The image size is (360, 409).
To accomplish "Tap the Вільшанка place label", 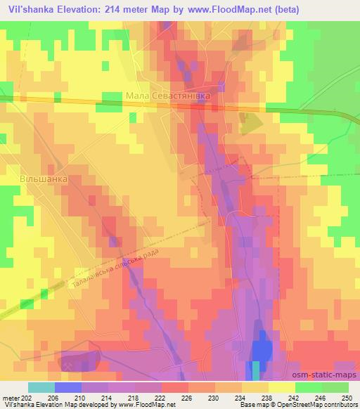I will pyautogui.click(x=44, y=179).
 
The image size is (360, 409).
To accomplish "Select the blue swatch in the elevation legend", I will pyautogui.click(x=68, y=387).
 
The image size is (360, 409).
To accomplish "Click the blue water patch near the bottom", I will pyautogui.click(x=261, y=349).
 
